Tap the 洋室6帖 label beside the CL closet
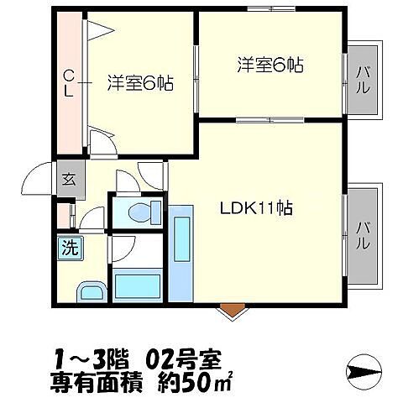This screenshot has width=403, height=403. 139,84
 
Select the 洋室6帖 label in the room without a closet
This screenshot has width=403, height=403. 270,64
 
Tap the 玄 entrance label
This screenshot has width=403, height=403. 68,178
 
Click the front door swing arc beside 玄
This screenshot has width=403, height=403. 38,178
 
